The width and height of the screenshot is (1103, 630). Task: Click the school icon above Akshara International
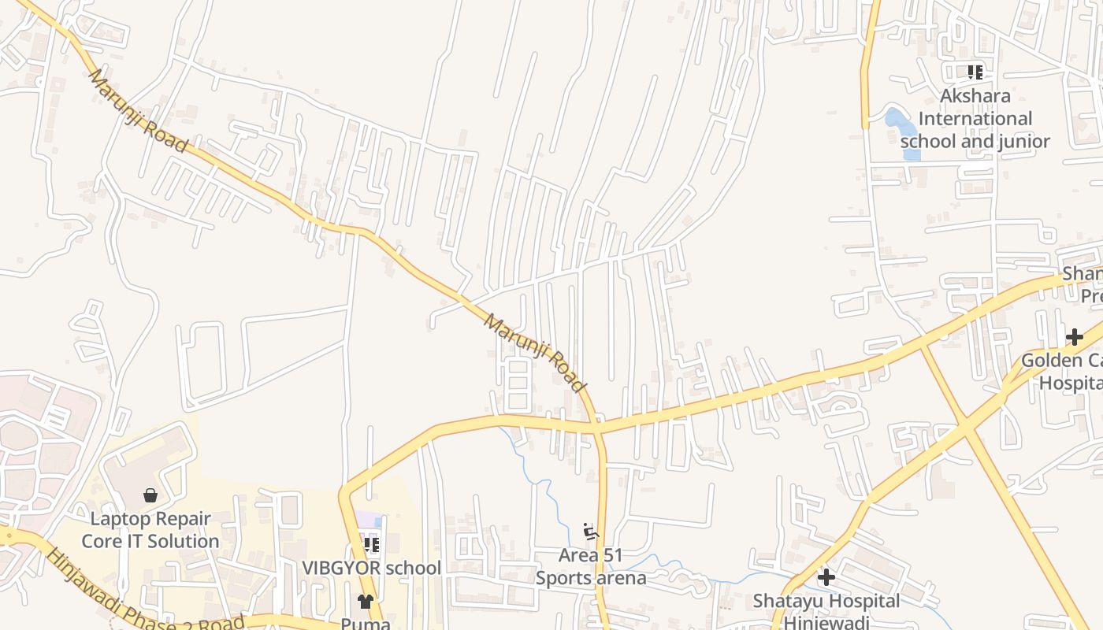(975, 72)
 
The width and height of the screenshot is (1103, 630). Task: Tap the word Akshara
(975, 96)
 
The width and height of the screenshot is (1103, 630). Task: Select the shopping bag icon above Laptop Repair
(150, 495)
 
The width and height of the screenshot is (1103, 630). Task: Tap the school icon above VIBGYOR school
(372, 544)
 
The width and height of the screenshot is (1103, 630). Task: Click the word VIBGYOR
(340, 568)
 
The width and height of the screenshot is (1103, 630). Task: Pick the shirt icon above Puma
(365, 602)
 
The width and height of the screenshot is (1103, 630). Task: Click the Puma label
(365, 623)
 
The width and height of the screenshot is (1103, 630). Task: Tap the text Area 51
(590, 555)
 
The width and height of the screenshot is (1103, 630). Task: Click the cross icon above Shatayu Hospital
(826, 577)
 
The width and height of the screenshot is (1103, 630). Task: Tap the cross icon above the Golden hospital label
(1075, 337)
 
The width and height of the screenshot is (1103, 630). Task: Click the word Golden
(1052, 361)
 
